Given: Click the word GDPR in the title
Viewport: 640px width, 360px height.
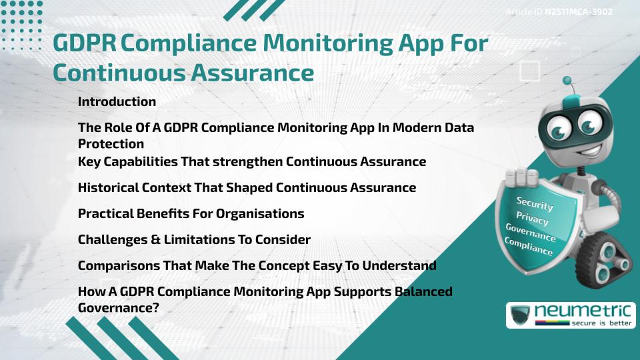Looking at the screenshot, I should tap(84, 43).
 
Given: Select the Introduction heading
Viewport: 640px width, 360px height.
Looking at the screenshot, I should tap(117, 102).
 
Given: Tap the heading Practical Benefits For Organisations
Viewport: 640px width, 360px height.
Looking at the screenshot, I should tap(191, 213).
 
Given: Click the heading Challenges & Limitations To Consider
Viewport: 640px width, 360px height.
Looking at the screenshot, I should tap(194, 239).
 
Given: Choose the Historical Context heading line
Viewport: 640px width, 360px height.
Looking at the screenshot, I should tap(247, 187).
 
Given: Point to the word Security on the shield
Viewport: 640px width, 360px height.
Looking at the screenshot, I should tap(535, 204).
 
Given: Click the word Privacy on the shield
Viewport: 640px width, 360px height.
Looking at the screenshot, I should tap(532, 219).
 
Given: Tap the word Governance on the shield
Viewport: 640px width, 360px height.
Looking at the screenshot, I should tap(530, 233).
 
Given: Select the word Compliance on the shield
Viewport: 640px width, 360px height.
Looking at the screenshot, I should tap(528, 247).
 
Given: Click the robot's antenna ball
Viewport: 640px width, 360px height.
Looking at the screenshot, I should tap(567, 81).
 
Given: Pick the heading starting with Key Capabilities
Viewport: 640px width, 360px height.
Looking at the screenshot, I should tap(251, 161).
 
